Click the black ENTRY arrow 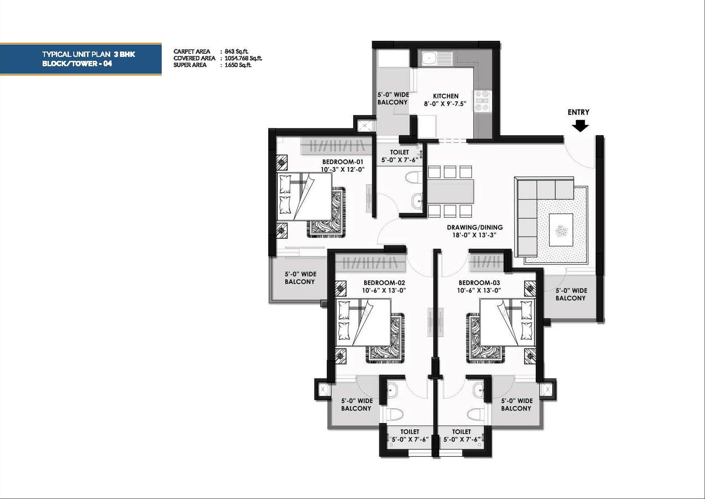(x=580, y=127)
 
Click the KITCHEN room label (x=446, y=96)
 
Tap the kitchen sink (x=428, y=58)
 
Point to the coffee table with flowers (x=561, y=230)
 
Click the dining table (x=450, y=192)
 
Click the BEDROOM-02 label (x=384, y=283)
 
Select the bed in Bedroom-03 (x=507, y=322)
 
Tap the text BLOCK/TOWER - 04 (x=77, y=64)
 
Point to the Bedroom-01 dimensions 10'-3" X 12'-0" (x=343, y=169)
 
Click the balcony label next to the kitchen (x=393, y=98)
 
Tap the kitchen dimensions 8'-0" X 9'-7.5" (x=445, y=104)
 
